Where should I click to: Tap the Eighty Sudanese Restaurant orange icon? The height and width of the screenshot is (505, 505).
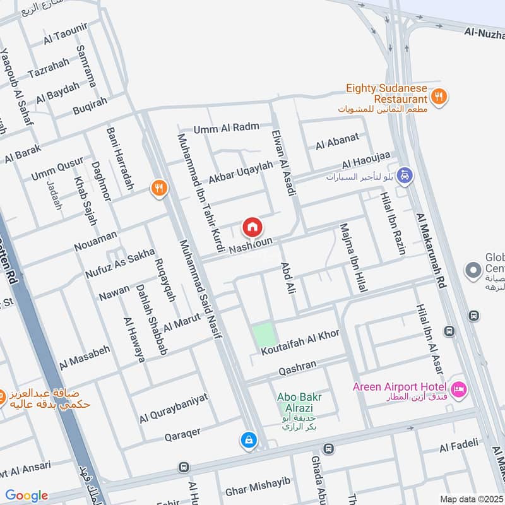439,96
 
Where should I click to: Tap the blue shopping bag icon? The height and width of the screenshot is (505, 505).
249,439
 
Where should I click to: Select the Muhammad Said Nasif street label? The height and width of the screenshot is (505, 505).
201,290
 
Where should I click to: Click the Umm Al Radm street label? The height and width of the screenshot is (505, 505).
227,128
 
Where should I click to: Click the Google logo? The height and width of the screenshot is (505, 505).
26,496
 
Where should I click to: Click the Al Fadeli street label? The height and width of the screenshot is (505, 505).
459,448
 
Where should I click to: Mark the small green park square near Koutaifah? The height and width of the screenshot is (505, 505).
264,334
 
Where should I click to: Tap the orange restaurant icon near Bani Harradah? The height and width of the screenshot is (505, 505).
158,187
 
